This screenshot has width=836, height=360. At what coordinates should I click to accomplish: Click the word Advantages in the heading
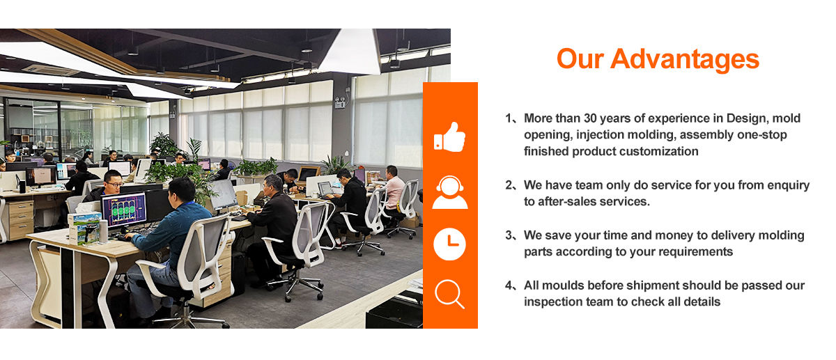click(684, 60)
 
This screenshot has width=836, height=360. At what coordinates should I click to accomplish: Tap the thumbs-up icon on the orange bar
click(450, 137)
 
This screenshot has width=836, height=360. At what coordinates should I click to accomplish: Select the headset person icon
click(450, 192)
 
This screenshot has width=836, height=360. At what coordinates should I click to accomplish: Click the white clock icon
click(450, 244)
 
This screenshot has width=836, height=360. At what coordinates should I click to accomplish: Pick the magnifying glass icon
click(449, 293)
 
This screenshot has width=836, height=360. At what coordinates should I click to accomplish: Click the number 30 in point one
click(591, 118)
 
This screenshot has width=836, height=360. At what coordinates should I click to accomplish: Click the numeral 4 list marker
click(509, 285)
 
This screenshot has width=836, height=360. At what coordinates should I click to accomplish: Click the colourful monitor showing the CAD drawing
click(124, 210)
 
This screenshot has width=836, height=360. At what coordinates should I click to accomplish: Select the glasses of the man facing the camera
click(114, 185)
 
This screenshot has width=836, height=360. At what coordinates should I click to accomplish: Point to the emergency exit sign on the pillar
click(340, 102)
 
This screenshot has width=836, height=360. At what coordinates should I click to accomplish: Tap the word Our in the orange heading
click(580, 60)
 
